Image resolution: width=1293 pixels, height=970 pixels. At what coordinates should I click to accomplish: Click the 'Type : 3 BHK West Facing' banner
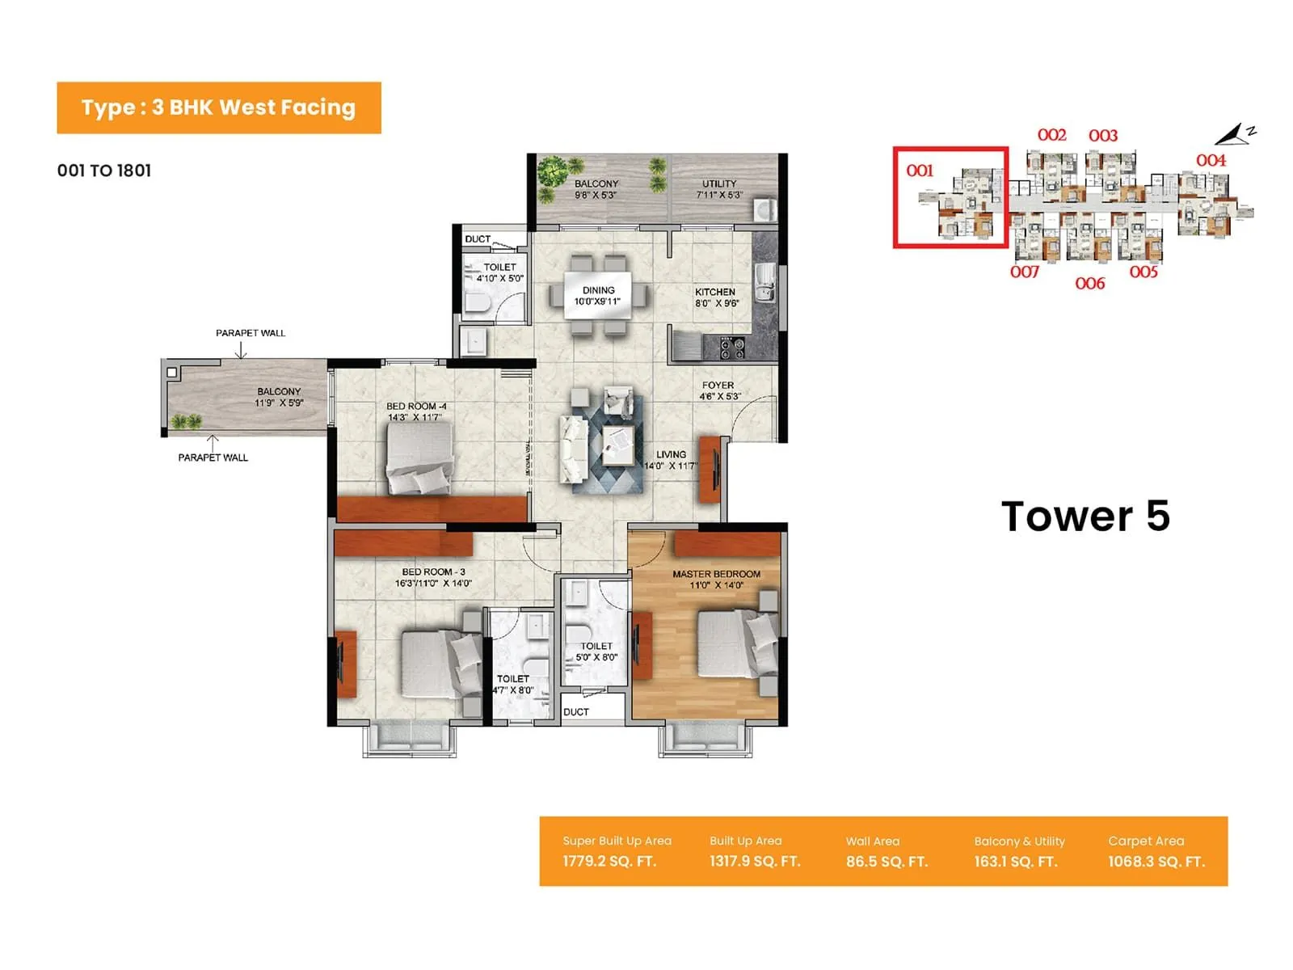(218, 108)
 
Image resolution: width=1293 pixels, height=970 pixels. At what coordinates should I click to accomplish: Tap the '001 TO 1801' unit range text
(104, 171)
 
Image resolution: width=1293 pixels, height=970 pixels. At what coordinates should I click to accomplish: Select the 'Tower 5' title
(1085, 516)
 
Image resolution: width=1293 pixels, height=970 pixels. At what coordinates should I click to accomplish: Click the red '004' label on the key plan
(1211, 160)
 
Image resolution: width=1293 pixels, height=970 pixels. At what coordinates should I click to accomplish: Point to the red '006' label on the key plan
(1089, 283)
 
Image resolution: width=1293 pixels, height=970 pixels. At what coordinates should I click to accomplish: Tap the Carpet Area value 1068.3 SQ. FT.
(1156, 862)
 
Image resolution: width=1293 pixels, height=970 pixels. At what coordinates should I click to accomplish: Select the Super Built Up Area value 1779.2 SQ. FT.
(609, 862)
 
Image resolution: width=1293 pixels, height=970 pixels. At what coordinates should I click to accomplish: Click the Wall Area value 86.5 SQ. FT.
(887, 862)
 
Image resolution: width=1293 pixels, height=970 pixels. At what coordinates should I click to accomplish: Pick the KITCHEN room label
(715, 292)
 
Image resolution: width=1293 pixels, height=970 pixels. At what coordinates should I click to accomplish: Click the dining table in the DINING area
(598, 296)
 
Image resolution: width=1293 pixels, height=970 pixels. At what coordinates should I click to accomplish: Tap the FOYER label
(718, 386)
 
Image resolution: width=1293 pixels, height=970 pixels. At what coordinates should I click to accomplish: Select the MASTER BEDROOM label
(716, 574)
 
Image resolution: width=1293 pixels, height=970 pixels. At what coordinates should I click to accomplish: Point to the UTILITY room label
(719, 183)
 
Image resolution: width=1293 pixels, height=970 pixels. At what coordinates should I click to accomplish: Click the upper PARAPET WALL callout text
(251, 333)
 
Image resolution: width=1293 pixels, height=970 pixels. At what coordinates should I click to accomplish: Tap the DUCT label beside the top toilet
(478, 239)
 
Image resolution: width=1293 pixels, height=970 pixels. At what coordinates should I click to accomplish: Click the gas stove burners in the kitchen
(732, 348)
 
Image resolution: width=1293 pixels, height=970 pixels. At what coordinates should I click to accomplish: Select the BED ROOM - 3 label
(433, 571)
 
